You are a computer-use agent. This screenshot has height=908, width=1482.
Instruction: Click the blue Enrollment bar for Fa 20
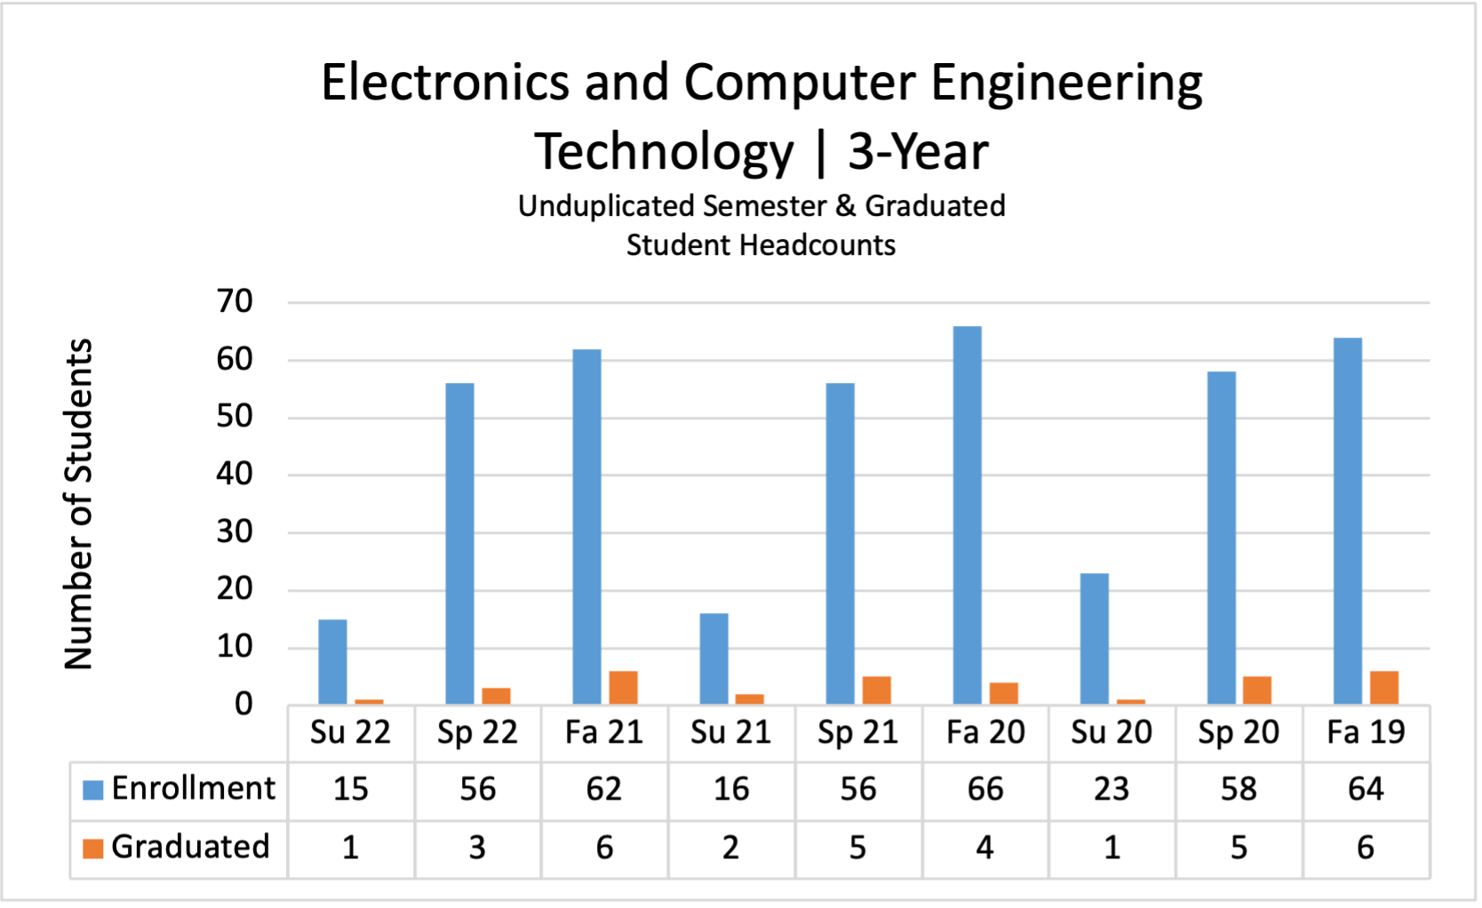click(967, 515)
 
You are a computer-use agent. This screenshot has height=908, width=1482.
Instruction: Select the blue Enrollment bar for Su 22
click(332, 662)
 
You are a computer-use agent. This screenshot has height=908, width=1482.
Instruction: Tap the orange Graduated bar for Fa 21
click(623, 688)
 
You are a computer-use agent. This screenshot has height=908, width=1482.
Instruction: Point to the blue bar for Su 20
click(1094, 639)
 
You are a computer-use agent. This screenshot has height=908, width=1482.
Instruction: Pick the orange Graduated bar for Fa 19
click(1383, 688)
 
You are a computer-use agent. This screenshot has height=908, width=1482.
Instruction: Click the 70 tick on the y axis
click(235, 302)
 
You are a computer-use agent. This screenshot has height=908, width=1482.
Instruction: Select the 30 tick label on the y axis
click(235, 532)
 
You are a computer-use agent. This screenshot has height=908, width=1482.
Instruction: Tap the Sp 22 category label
click(477, 733)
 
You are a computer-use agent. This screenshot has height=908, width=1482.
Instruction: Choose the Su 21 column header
click(730, 733)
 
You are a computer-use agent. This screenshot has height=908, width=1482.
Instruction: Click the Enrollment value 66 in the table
click(984, 789)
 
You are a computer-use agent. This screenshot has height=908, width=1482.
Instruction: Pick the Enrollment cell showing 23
click(1111, 789)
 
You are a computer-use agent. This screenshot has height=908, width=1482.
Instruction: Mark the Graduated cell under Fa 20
click(984, 848)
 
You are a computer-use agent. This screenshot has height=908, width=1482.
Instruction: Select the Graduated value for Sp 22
click(477, 848)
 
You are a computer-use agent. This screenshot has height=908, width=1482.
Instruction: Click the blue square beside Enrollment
click(92, 789)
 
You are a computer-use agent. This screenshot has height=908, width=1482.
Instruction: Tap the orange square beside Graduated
click(92, 848)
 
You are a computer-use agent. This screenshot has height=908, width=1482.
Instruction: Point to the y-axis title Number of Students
click(79, 504)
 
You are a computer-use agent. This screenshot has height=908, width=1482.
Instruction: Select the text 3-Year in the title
click(917, 152)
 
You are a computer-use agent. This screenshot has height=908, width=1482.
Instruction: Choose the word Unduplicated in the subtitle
click(606, 206)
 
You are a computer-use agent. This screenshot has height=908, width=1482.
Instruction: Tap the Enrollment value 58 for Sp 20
click(1239, 789)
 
